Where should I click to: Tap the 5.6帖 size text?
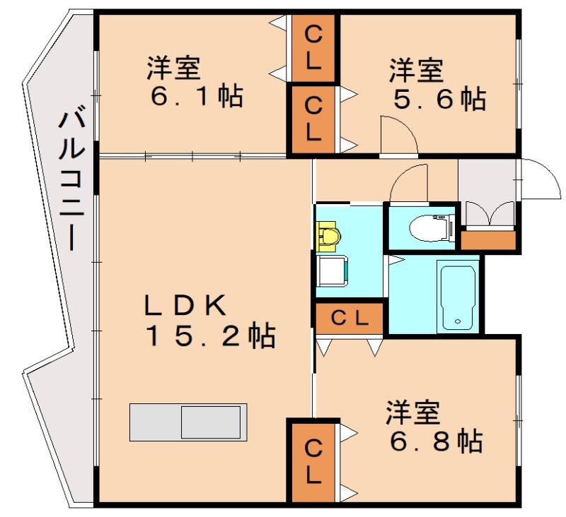pyautogui.click(x=439, y=99)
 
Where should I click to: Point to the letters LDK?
pyautogui.click(x=185, y=305)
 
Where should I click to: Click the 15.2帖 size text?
pyautogui.click(x=210, y=337)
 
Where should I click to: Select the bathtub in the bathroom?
pyautogui.click(x=458, y=296)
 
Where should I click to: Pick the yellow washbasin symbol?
pyautogui.click(x=328, y=235)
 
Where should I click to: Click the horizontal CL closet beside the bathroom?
pyautogui.click(x=350, y=318)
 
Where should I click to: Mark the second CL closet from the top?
pyautogui.click(x=313, y=119)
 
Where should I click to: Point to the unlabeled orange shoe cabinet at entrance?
pyautogui.click(x=489, y=240)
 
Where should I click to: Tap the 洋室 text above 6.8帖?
pyautogui.click(x=413, y=412)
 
